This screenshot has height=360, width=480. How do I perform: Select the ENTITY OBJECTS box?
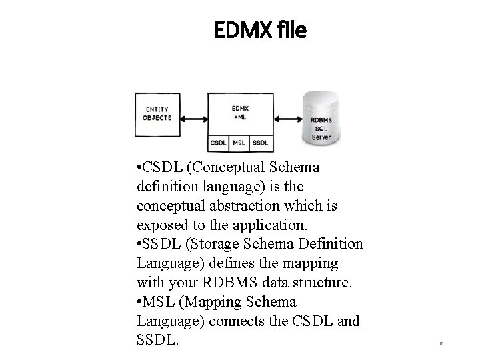click(157, 114)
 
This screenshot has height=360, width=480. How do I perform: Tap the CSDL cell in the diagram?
click(218, 143)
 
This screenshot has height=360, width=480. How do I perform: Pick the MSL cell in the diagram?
click(238, 143)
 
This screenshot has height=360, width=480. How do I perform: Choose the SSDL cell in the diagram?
click(260, 143)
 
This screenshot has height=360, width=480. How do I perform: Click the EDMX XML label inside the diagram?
click(240, 111)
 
